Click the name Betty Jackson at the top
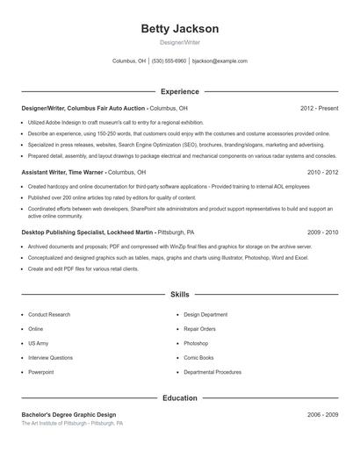click(x=180, y=29)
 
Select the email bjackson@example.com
click(x=220, y=61)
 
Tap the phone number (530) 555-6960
click(x=169, y=61)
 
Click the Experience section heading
click(x=180, y=91)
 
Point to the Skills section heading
click(x=180, y=296)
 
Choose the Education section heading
click(x=180, y=398)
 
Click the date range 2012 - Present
click(x=319, y=108)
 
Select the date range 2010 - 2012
click(x=322, y=172)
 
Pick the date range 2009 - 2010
click(x=322, y=232)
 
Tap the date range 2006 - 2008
click(x=322, y=414)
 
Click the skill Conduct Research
click(x=49, y=314)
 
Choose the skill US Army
click(x=38, y=343)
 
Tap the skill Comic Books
click(x=198, y=357)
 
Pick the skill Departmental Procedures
click(x=212, y=372)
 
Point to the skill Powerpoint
click(x=41, y=372)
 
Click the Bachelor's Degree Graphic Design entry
click(x=68, y=414)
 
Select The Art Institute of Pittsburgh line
click(x=72, y=423)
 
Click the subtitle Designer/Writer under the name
click(x=180, y=42)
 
